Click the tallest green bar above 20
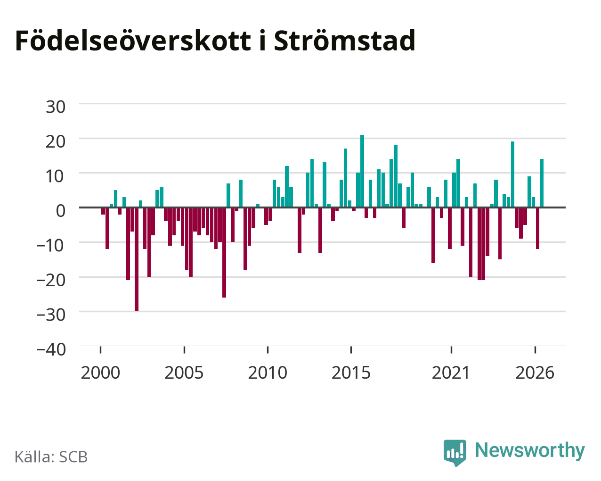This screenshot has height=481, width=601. click(362, 171)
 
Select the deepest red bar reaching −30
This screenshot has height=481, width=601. click(137, 259)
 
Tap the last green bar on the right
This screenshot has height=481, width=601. click(542, 183)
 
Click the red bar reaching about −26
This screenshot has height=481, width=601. click(224, 253)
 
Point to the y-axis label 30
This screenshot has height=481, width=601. click(56, 107)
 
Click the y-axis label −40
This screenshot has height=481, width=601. click(51, 349)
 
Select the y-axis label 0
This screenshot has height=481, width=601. click(61, 211)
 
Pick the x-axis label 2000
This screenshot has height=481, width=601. click(100, 373)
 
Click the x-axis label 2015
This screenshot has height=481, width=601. click(351, 373)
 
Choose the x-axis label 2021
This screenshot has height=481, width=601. click(451, 373)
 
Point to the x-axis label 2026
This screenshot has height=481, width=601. click(535, 373)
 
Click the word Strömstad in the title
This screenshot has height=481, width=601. click(345, 41)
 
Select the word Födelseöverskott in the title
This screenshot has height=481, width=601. click(133, 41)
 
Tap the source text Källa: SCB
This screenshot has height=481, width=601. click(51, 457)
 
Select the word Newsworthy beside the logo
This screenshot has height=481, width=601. click(530, 451)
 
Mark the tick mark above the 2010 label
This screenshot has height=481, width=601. click(268, 350)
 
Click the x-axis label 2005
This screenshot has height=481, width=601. click(184, 373)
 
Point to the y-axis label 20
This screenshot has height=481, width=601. click(56, 141)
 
